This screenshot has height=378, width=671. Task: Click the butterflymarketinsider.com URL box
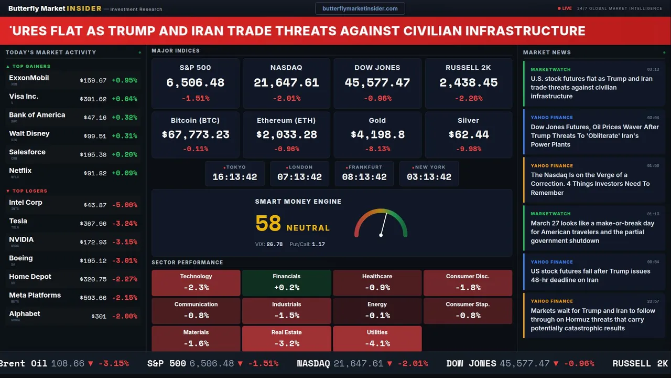[360, 8]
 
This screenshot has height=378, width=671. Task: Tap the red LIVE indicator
[565, 8]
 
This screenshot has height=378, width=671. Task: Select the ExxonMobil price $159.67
[93, 81]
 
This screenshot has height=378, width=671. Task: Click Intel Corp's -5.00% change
[124, 205]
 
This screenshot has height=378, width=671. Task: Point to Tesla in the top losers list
[18, 221]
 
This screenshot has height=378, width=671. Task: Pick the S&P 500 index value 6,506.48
[195, 83]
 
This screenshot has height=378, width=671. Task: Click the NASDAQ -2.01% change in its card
[286, 98]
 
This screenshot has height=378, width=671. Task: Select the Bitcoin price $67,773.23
[195, 135]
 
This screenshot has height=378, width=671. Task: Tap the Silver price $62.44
[468, 135]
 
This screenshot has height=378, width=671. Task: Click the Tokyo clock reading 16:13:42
[234, 177]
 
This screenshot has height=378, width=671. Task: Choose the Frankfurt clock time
[364, 177]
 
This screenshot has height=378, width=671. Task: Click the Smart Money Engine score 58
[268, 224]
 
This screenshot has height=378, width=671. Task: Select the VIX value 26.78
[274, 244]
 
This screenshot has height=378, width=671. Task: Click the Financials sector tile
[286, 282]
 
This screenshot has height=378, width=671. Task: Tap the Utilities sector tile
[377, 339]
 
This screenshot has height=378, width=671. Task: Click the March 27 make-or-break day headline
[592, 232]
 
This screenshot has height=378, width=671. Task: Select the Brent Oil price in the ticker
[68, 363]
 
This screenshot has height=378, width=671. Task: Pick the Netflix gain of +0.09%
[124, 173]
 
